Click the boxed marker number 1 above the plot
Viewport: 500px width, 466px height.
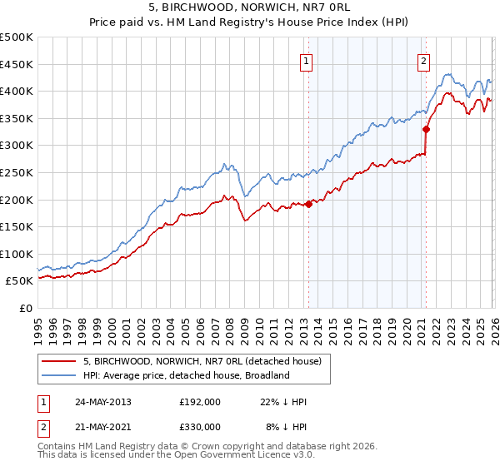coord(307,61)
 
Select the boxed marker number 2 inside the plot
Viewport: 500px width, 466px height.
coord(424,61)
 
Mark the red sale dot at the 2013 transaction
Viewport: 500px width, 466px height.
coord(308,203)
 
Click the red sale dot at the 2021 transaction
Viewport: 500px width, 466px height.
coord(426,129)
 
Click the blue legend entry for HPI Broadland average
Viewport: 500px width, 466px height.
coord(185,375)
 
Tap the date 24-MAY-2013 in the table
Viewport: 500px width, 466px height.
coord(102,402)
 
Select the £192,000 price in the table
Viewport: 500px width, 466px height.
coord(200,402)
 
